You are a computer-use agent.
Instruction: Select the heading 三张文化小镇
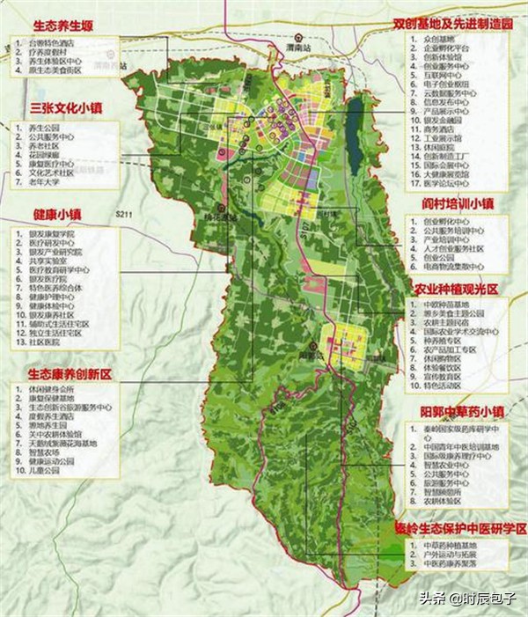tap(66, 107)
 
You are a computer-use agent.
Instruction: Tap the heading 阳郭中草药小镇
tap(463, 411)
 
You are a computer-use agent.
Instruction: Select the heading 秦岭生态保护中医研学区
tap(459, 529)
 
